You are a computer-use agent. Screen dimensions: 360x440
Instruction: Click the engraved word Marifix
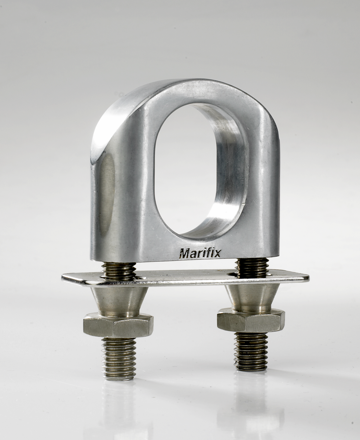point(200,253)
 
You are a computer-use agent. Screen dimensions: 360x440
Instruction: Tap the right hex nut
point(251,320)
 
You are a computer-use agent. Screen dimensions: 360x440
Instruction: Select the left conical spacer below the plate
point(119,300)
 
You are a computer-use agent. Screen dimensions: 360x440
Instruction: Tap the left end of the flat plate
point(62,278)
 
